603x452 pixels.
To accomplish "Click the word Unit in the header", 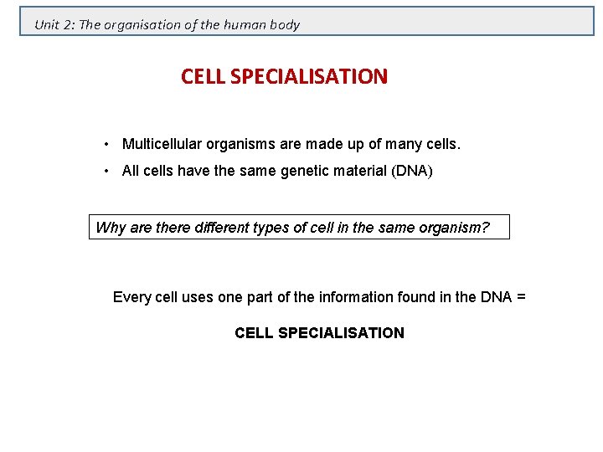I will [x=46, y=25].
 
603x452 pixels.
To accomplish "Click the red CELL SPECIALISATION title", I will [x=284, y=77].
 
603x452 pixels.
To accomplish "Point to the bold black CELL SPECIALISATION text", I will [x=319, y=333].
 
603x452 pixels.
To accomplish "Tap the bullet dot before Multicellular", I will [x=108, y=144].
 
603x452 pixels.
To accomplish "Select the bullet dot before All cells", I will [x=108, y=172].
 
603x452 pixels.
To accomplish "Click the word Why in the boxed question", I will [x=111, y=227].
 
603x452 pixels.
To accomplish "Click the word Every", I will [x=131, y=297].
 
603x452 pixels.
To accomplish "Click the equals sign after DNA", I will [x=521, y=297].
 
